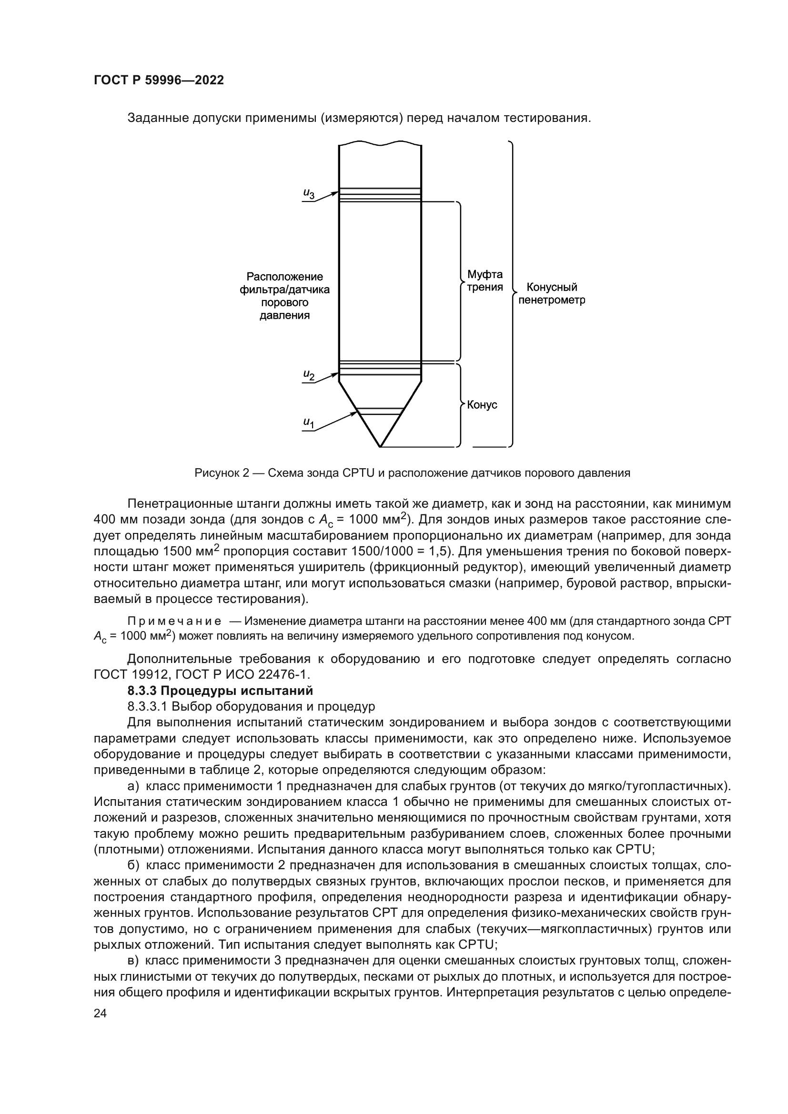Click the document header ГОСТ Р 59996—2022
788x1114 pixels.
[159, 80]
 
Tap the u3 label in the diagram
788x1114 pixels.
[309, 193]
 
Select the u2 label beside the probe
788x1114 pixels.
[309, 375]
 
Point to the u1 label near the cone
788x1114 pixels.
[309, 423]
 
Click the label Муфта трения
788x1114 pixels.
[485, 281]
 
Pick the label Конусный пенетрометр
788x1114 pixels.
[552, 293]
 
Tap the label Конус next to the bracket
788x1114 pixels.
[482, 405]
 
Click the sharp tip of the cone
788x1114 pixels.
[380, 446]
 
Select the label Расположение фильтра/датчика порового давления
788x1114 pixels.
[285, 296]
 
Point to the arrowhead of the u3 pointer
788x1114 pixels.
[336, 192]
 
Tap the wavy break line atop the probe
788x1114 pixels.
[380, 144]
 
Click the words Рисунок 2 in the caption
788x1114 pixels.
[221, 473]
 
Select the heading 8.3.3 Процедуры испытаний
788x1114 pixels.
[220, 691]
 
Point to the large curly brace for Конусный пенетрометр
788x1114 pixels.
[512, 293]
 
